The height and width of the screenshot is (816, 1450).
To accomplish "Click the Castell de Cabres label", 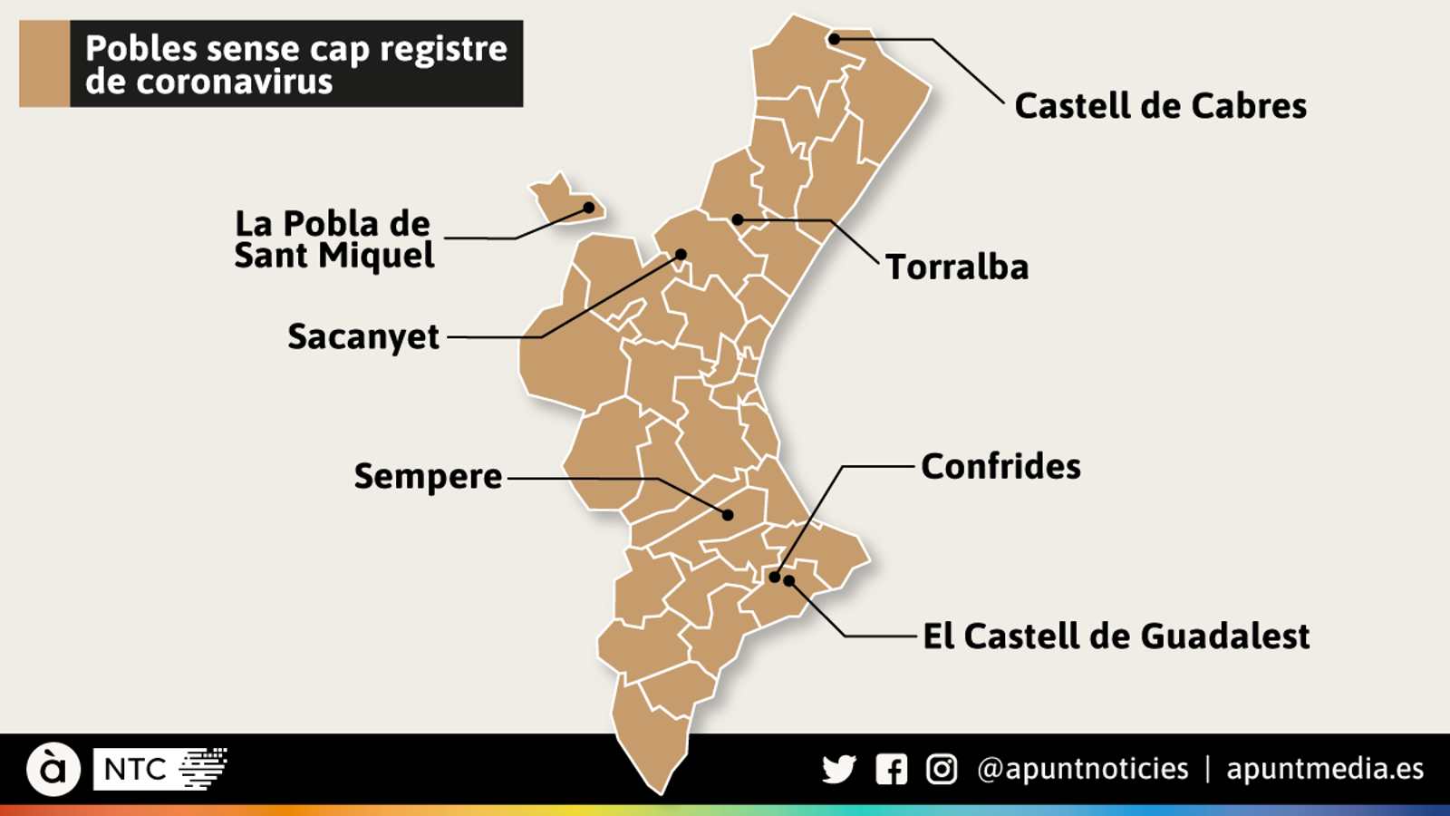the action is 1160,106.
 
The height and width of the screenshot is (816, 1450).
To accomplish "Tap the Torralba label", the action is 957,267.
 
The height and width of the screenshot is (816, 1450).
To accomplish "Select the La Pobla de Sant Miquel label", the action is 333,239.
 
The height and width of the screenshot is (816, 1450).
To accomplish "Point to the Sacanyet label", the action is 363,336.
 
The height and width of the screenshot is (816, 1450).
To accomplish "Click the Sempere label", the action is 428,476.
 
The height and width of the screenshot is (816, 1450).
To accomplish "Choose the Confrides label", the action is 1000,467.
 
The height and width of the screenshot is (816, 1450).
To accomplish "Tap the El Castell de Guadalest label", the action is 1116,636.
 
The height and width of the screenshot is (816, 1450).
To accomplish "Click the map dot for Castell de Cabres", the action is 834,39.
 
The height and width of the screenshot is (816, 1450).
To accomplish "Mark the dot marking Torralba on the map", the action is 738,219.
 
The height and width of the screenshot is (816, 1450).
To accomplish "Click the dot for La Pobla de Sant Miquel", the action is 588,208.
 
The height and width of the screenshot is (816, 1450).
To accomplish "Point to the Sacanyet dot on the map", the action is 681,255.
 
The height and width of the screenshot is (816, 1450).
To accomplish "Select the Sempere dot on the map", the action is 728,515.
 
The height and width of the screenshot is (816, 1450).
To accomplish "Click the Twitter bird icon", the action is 839,770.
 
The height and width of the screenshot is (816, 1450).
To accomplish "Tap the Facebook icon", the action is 891,770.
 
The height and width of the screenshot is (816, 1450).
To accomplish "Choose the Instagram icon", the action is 942,770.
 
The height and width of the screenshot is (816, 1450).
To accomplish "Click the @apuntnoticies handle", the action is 1083,770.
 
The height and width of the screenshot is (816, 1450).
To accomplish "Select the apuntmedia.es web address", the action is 1325,770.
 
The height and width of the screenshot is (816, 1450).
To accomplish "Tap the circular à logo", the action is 53,769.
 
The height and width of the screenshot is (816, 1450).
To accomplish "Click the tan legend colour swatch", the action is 44,64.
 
